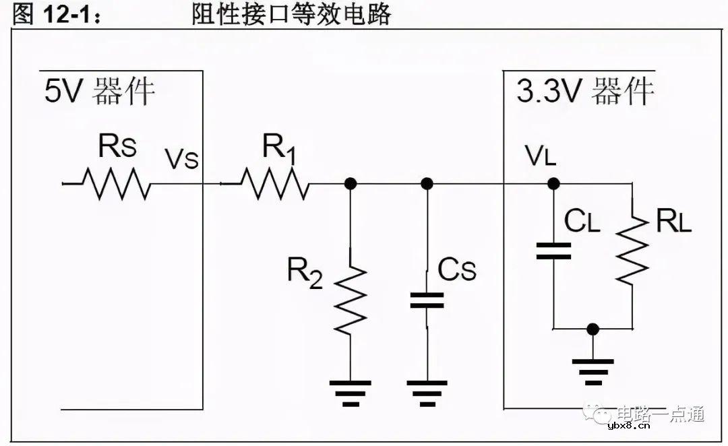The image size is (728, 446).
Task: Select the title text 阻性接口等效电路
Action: tap(291, 13)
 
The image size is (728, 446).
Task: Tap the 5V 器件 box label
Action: tap(100, 91)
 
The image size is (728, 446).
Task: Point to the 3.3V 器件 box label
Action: tap(585, 91)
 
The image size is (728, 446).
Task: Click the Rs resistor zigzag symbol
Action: tap(115, 183)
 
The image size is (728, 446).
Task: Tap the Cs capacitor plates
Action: tap(427, 300)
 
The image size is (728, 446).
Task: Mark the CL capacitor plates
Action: tap(553, 251)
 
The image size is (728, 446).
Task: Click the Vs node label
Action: tap(182, 160)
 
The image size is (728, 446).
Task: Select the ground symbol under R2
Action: tap(351, 393)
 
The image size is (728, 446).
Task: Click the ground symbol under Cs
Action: tap(427, 393)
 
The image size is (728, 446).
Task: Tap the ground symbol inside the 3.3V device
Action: tap(593, 371)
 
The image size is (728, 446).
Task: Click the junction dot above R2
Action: tap(351, 183)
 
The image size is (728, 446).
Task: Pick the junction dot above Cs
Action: tap(427, 183)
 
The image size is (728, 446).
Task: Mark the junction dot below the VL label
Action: tap(553, 183)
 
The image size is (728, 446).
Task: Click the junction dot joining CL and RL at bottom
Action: tap(593, 329)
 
